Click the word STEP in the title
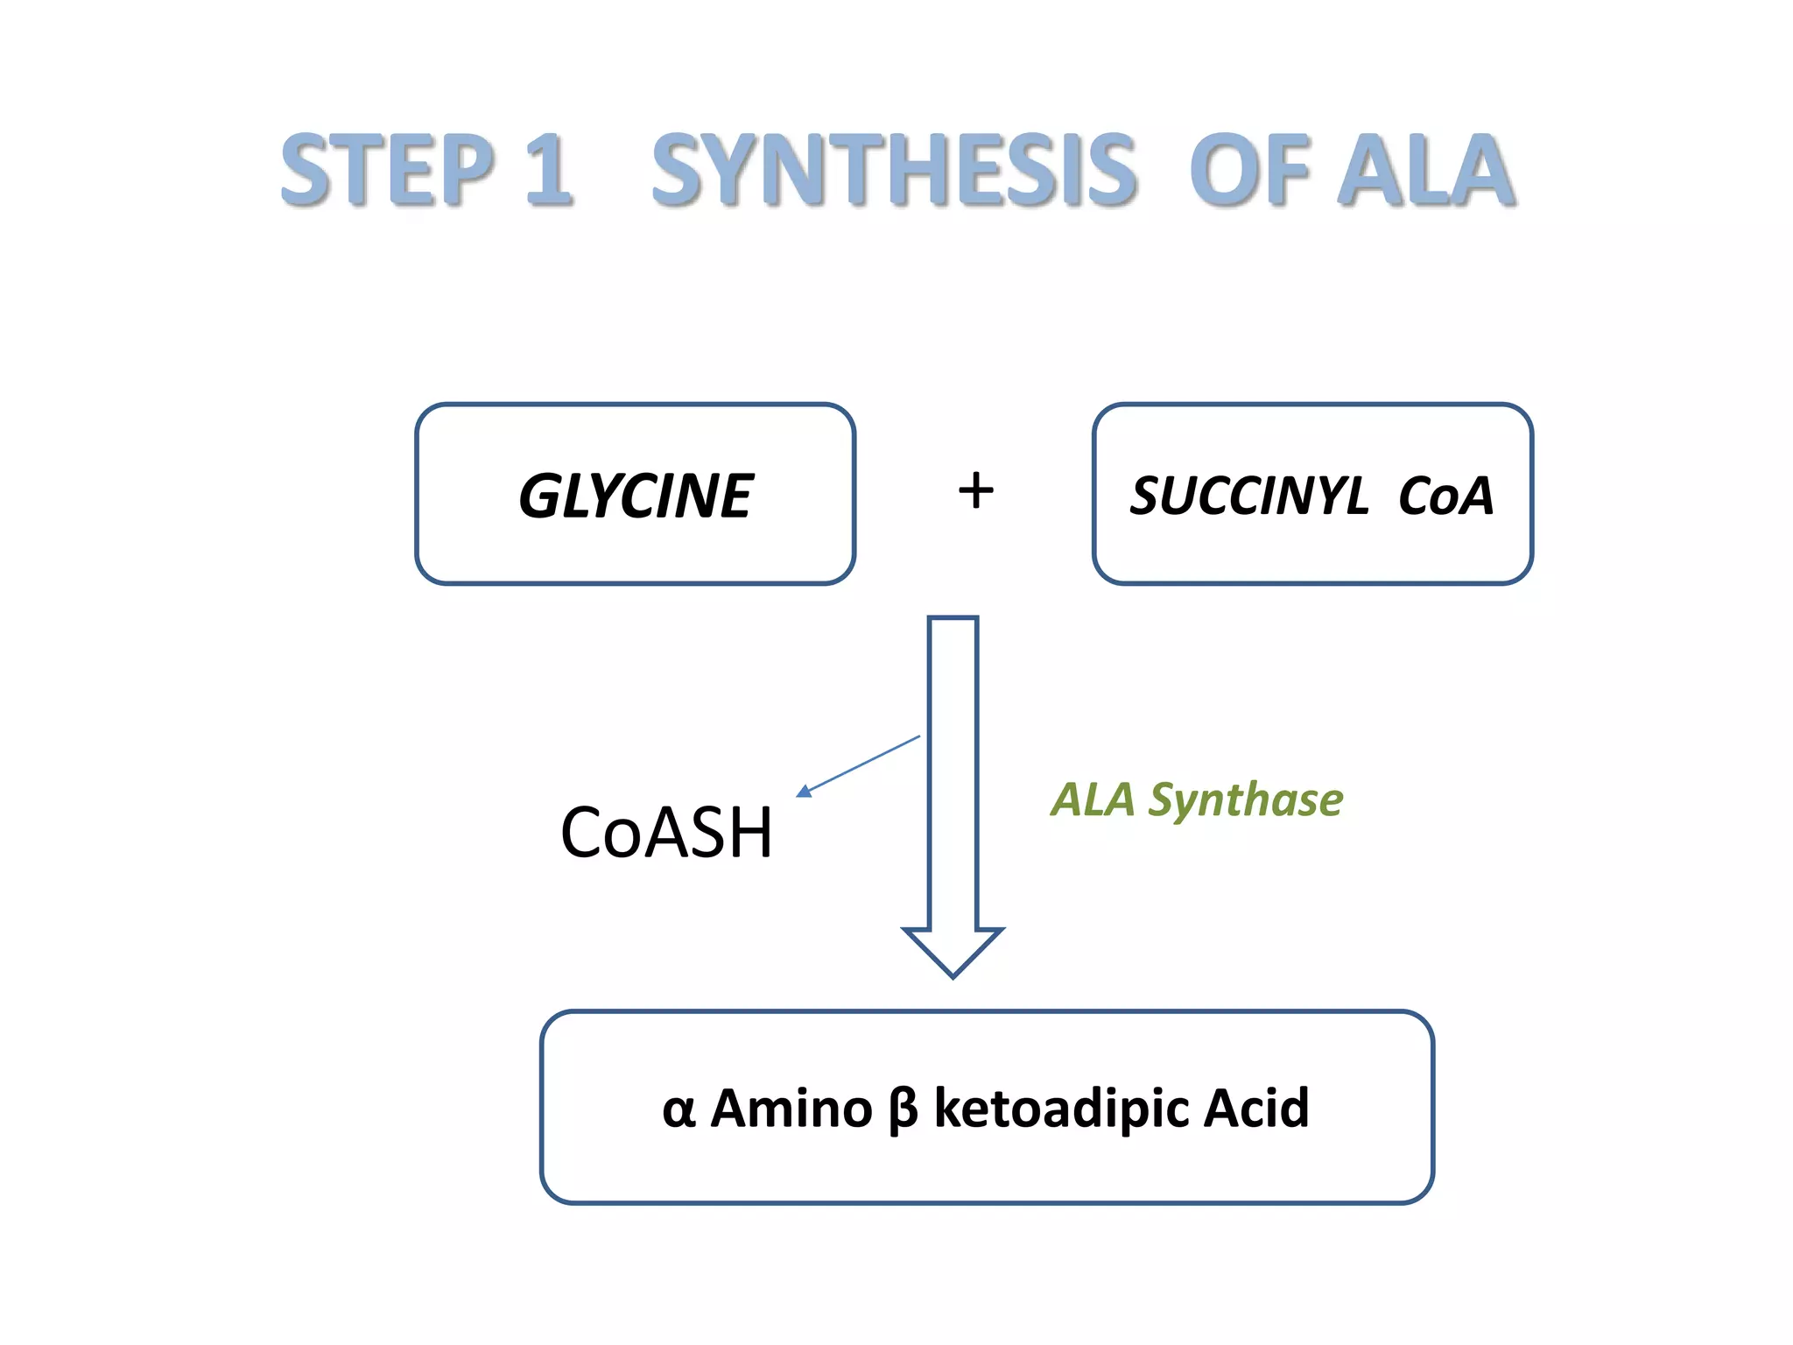(388, 170)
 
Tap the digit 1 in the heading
(548, 170)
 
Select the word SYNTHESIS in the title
(894, 170)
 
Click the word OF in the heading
(1248, 170)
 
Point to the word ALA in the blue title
(1427, 170)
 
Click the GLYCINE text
(636, 496)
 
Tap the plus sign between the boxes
(975, 490)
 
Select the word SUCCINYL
(1249, 496)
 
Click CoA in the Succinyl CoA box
(1445, 496)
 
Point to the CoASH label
(666, 833)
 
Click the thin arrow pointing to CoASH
(858, 765)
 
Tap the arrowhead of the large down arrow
(953, 951)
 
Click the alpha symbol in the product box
(679, 1110)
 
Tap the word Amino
(791, 1109)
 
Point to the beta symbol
(903, 1110)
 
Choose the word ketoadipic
(1060, 1109)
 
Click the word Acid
(1256, 1109)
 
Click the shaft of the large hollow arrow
(953, 771)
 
